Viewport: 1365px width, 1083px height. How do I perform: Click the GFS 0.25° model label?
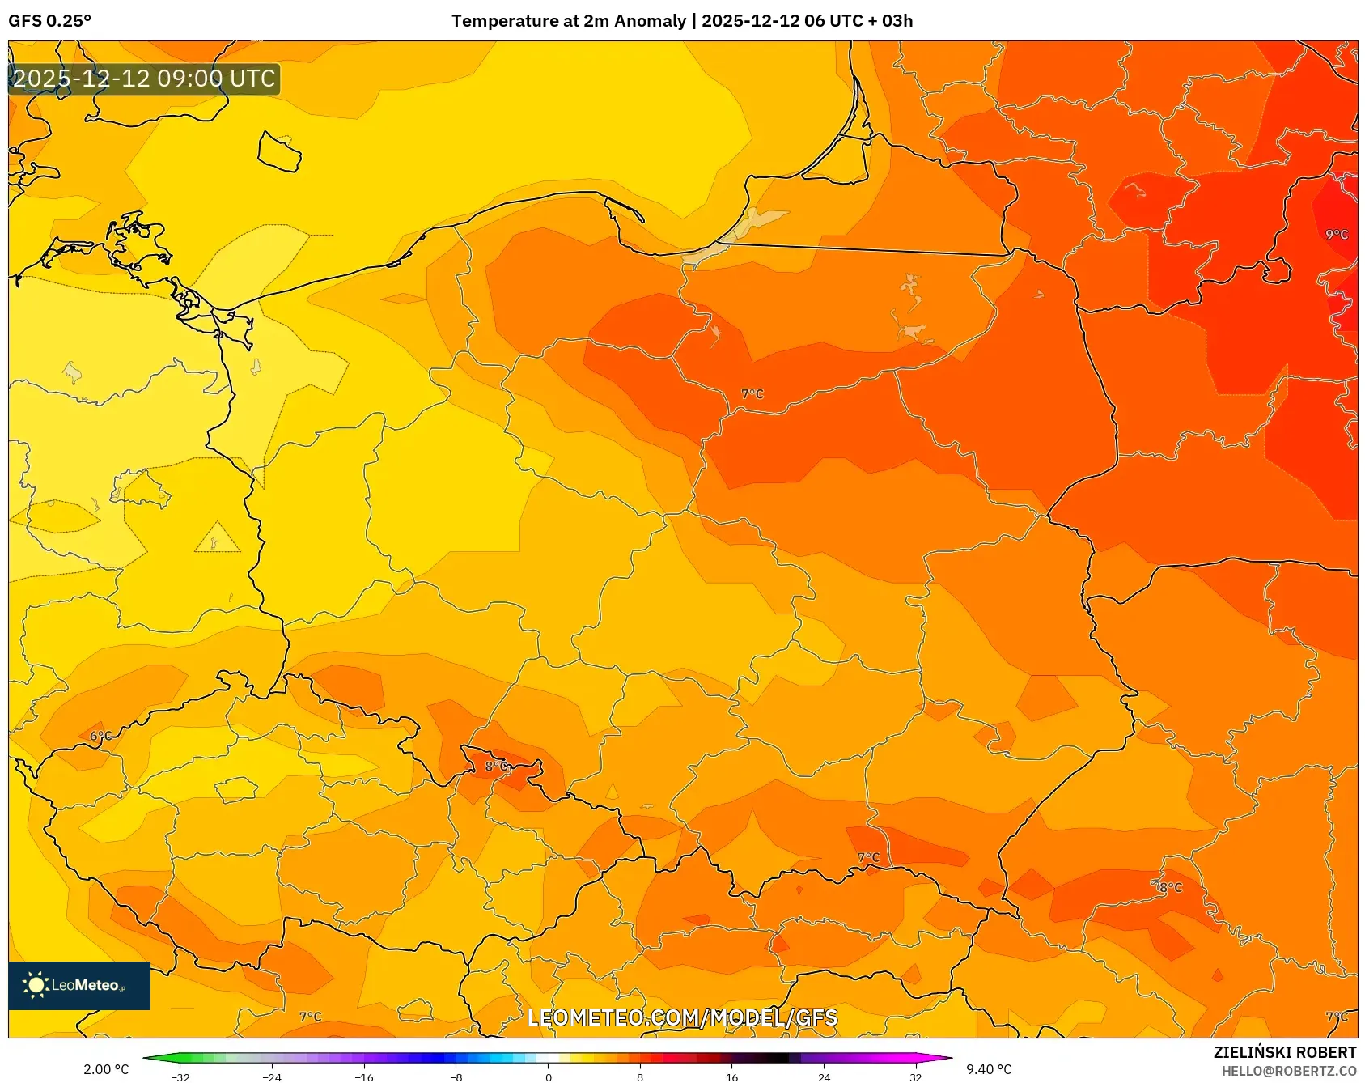[49, 21]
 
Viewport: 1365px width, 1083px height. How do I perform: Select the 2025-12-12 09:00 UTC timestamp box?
[144, 79]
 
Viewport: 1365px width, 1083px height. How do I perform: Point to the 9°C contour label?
[1336, 235]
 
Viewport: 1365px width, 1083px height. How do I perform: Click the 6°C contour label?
[100, 736]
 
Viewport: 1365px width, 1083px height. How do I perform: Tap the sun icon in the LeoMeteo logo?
[36, 985]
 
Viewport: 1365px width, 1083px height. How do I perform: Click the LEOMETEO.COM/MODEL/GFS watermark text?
[682, 1017]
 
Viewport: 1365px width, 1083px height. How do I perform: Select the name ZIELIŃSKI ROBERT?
[1284, 1052]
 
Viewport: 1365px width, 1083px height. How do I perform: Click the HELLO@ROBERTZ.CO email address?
[1288, 1071]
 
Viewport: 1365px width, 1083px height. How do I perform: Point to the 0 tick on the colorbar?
[549, 1077]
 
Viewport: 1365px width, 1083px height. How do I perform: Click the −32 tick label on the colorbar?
[180, 1077]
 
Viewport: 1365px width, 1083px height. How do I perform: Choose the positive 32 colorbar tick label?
[915, 1077]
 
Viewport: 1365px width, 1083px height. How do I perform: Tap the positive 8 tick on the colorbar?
[640, 1077]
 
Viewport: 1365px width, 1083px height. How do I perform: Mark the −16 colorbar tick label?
[364, 1077]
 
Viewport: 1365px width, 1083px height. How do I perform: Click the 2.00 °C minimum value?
[106, 1069]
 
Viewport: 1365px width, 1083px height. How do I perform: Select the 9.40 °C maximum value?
[989, 1069]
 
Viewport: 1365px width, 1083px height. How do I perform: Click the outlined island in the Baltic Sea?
[279, 152]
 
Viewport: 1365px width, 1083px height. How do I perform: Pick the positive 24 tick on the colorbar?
[824, 1077]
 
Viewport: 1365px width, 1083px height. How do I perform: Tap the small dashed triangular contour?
[216, 539]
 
